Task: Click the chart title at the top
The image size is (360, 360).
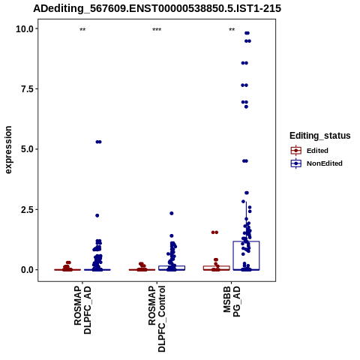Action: tap(157, 8)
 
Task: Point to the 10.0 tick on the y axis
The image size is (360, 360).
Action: tap(25, 29)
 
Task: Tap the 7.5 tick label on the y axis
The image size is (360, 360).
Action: tap(27, 89)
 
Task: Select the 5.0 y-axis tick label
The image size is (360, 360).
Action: tap(27, 149)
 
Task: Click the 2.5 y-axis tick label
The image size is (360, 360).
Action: tap(27, 210)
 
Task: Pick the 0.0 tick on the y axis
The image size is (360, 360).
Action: tap(27, 270)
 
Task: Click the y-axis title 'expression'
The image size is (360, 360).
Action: tap(8, 150)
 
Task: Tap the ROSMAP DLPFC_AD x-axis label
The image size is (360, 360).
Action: tap(82, 310)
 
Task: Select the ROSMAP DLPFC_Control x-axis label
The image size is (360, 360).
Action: tap(157, 319)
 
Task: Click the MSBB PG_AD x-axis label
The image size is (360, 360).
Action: tap(232, 301)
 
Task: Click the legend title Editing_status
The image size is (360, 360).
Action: tap(320, 136)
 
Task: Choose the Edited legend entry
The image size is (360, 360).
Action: tap(310, 151)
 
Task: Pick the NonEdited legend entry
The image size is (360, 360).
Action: tap(316, 163)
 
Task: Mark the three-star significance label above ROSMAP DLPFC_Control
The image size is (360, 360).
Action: tap(157, 30)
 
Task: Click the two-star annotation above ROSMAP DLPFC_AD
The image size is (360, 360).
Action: tap(82, 30)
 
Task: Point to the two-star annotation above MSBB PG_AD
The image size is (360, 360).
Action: tap(232, 30)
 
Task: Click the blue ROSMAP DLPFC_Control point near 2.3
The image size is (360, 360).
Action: tap(172, 213)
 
